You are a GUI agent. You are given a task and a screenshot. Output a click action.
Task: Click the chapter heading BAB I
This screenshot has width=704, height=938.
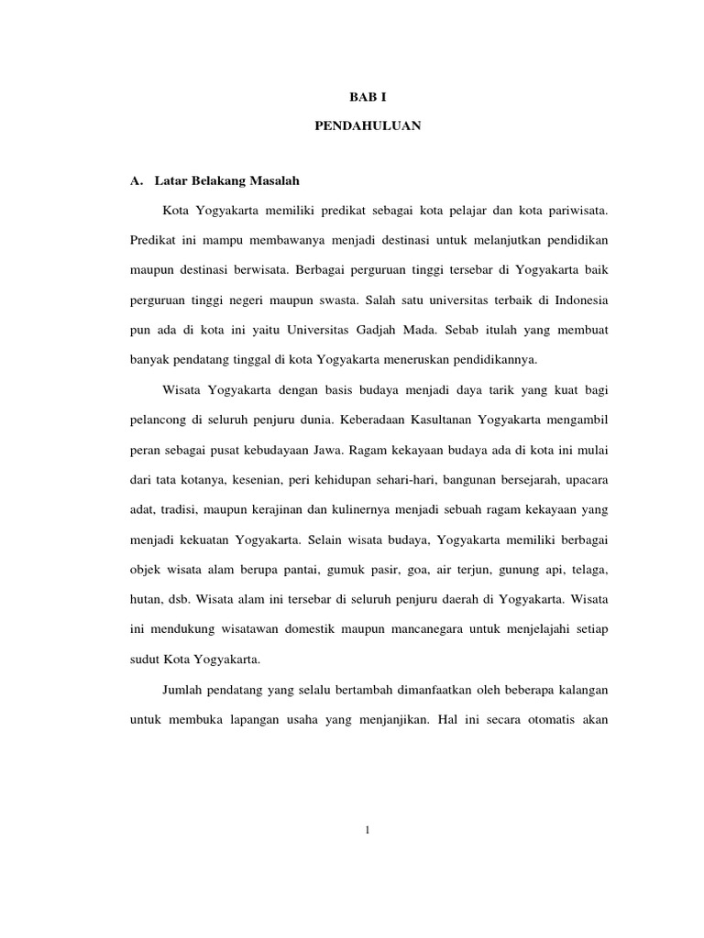tap(367, 95)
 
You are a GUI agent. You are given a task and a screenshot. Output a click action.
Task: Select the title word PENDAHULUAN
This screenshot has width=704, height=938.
tap(368, 126)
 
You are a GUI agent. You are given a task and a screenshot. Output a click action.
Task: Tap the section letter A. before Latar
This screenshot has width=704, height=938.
tap(137, 180)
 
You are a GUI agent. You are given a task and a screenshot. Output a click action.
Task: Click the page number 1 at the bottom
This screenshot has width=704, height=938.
tap(367, 830)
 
